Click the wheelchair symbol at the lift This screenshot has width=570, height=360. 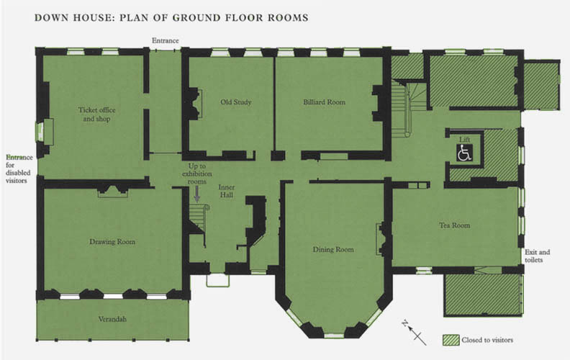pos(465,153)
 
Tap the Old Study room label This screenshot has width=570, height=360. pos(236,102)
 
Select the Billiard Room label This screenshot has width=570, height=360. pos(325,102)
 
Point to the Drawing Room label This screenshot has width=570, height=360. pos(112,242)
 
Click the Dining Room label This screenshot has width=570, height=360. pos(333,249)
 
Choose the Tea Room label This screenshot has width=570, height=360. pos(454,225)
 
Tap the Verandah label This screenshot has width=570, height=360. pos(112,319)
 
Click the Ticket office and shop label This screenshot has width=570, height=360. pos(96,114)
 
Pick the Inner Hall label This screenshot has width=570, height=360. pos(227,191)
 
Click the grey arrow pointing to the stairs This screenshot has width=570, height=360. pos(197,194)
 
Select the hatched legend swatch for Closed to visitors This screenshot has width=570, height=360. pos(451,340)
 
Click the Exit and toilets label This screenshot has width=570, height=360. pos(537,256)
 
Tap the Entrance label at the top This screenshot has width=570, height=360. pos(166,41)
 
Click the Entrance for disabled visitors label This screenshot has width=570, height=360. pos(19,168)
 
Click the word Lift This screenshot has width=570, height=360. pos(464,140)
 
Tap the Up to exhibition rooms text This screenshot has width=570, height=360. pos(197,174)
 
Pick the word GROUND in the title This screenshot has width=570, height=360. pos(196,18)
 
